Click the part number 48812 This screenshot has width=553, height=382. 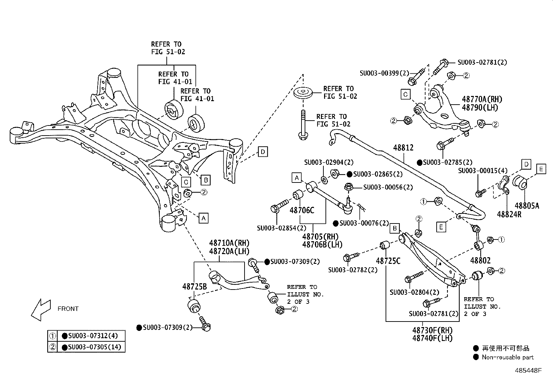coord(403,148)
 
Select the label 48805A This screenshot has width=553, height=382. coord(527,205)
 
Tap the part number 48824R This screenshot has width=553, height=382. coord(509,214)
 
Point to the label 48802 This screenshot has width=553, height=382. coord(480,260)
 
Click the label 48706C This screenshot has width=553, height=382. coord(302,210)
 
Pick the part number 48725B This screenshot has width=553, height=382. coord(195,286)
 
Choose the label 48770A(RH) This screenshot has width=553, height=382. coord(482,99)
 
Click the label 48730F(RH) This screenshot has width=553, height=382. coord(432,330)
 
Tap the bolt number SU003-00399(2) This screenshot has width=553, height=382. coord(385,73)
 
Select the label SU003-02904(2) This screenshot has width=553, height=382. coord(329,162)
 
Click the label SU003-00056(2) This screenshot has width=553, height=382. coord(388,187)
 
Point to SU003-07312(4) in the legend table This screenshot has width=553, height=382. coord(93,335)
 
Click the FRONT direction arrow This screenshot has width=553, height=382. coord(41,310)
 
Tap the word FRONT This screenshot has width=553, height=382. coord(68,309)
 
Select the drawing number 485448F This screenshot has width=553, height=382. coord(528,371)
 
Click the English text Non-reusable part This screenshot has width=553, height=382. coord(507,357)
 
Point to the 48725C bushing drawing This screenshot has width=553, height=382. coord(385,245)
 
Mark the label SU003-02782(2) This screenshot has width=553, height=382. coord(353,270)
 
